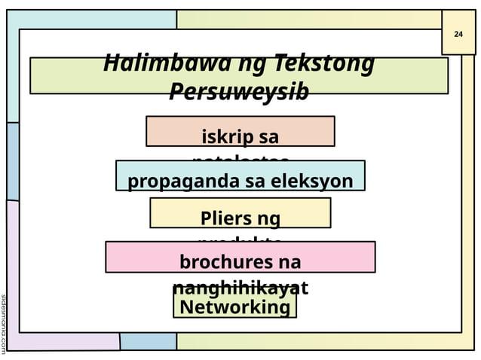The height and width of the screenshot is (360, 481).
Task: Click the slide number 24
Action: (x=458, y=35)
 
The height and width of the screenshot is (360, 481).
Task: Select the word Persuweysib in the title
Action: (x=239, y=92)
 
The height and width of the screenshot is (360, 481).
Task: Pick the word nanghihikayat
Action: (x=240, y=288)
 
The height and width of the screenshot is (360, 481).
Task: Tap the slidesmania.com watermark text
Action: (x=4, y=324)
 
